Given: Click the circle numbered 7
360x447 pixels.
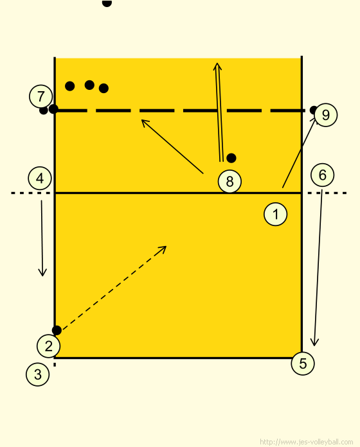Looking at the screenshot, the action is point(40,96).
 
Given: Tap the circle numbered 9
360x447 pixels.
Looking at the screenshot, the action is point(325,115).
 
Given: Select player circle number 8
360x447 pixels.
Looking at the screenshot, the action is point(230,182).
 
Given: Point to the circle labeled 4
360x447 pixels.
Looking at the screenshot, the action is point(40,179).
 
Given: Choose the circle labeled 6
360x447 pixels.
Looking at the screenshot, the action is point(322,175).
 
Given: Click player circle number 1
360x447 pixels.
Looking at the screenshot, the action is point(276,214).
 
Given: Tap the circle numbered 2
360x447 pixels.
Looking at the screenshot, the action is point(48,346).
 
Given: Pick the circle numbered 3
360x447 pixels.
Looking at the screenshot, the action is point(38,374).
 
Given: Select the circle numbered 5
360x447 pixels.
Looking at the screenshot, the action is point(303,364).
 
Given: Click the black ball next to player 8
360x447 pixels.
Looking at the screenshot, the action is point(231,158).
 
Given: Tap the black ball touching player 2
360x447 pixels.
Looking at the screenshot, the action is point(57,330).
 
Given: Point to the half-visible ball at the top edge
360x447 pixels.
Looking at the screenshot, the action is point(107,3).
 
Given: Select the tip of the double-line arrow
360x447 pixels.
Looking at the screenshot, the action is point(217,64).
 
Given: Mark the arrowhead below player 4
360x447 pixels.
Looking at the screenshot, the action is point(42,276).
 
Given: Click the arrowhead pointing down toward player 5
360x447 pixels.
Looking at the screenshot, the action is point(314,346).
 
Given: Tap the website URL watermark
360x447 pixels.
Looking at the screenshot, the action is point(307,442).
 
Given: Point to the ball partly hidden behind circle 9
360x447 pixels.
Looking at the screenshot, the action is point(313,110).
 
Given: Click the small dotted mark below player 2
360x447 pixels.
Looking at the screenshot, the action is point(55,364).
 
